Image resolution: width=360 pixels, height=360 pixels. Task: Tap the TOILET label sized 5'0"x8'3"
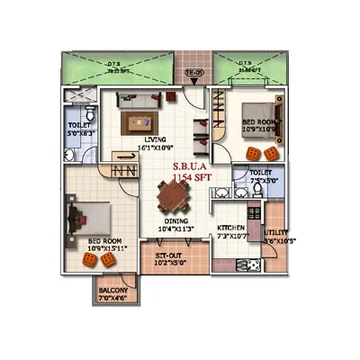[78, 129]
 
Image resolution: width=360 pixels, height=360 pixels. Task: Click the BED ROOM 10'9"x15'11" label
[106, 245]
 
